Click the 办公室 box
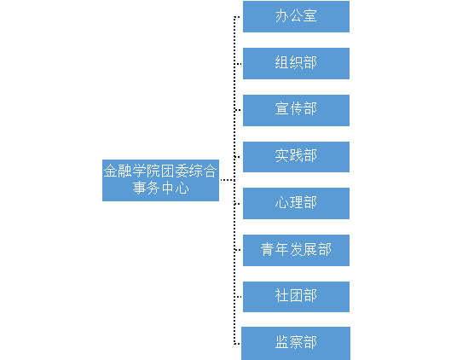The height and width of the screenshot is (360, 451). (296, 16)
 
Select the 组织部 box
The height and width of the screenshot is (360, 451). (296, 63)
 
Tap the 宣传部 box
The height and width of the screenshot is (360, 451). (296, 110)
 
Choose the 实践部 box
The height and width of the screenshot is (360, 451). (296, 157)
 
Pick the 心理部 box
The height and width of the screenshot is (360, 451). (296, 203)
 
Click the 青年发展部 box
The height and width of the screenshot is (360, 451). (296, 250)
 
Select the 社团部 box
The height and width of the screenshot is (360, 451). (296, 297)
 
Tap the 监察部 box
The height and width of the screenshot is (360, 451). (296, 343)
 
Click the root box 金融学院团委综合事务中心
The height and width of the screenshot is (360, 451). (160, 181)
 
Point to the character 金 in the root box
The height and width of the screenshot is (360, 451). (111, 171)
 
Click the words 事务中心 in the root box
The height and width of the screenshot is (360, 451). (160, 189)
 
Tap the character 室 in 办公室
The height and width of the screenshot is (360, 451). (309, 15)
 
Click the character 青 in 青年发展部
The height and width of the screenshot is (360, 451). (268, 249)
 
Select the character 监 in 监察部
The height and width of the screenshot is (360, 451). (282, 342)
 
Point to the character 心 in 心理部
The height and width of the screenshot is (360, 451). (282, 202)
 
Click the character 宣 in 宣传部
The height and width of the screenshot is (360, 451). (282, 109)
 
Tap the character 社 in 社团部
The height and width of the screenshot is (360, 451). (282, 295)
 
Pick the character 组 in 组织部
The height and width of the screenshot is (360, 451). (282, 62)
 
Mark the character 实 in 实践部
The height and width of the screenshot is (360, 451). (282, 155)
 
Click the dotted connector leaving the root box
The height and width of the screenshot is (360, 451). (228, 180)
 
